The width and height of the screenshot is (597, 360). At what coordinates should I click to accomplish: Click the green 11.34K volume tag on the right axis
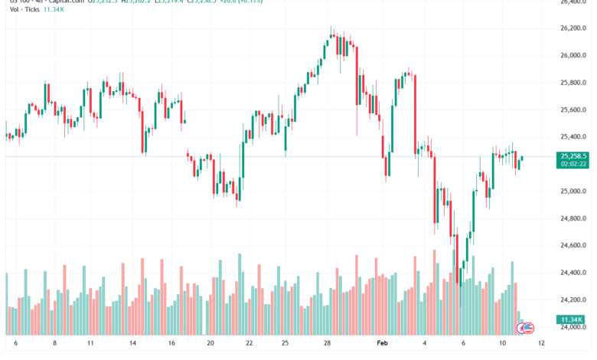571,319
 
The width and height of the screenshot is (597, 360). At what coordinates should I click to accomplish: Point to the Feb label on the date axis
383,345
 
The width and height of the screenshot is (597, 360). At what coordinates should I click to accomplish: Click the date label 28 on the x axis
328,345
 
